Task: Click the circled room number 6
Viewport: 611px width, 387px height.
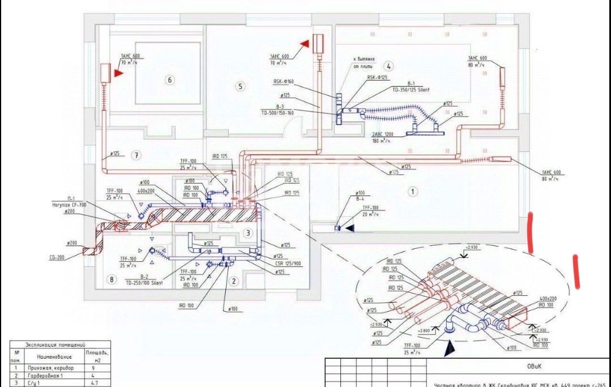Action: pos(169,80)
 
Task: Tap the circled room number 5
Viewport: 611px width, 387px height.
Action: pos(241,87)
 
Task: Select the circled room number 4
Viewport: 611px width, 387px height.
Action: pos(388,66)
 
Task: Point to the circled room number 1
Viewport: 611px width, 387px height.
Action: pos(413,192)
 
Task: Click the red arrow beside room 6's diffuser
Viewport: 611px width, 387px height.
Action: pos(119,73)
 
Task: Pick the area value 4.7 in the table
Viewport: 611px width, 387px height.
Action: pos(95,383)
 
